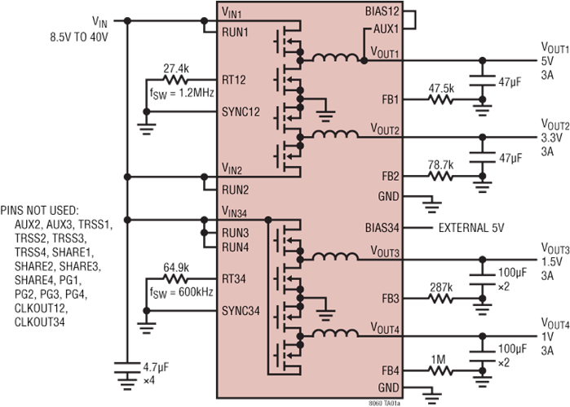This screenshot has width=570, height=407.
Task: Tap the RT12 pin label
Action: (236, 80)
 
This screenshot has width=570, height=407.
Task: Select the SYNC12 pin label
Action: (241, 112)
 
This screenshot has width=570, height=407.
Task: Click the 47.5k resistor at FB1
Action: (440, 100)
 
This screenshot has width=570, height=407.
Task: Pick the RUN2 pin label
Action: (236, 190)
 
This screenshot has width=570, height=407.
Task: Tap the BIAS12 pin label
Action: (381, 12)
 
